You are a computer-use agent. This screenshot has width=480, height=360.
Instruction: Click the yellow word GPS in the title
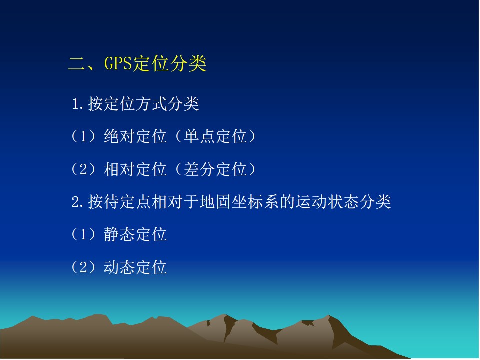point(118,63)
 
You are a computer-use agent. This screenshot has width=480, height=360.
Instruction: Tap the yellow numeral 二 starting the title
point(77,64)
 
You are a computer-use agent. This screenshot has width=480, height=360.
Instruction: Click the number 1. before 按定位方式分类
point(78,104)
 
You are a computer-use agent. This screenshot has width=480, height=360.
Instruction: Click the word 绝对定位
point(135,136)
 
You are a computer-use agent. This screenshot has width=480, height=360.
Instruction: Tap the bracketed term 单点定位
point(216,136)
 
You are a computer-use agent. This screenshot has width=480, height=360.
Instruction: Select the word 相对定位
point(135,169)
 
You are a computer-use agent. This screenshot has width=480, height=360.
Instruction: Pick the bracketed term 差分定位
point(216,169)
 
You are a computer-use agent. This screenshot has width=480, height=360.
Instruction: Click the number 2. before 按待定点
point(78,202)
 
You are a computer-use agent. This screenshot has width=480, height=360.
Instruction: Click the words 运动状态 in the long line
point(327,202)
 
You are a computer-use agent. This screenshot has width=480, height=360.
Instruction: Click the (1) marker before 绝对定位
point(83,136)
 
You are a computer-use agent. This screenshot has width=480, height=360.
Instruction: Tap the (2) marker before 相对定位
point(83,169)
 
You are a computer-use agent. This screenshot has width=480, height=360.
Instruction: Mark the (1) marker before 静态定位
point(83,235)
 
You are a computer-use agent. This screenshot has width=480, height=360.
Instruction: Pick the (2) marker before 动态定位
point(83,267)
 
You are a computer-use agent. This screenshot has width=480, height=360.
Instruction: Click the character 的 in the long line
point(287,202)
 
